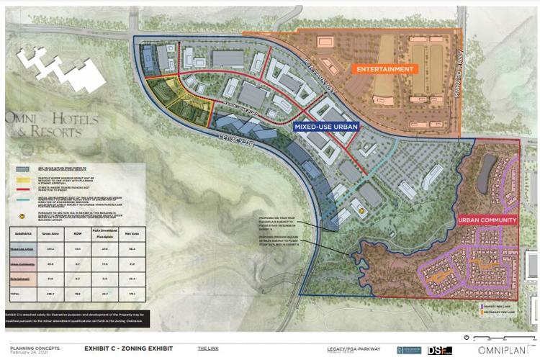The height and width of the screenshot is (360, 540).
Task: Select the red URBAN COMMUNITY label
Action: point(487,220)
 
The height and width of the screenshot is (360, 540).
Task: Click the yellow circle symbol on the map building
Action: point(363,211)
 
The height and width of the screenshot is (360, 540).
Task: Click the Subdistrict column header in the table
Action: point(23,232)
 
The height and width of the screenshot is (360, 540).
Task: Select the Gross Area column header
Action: point(51,232)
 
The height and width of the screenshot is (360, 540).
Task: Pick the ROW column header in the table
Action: point(77,232)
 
